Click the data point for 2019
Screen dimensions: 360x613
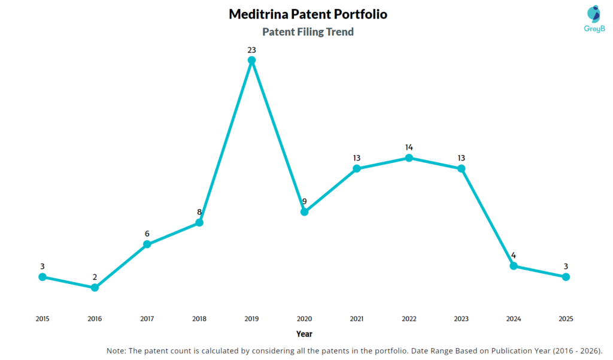pos(251,60)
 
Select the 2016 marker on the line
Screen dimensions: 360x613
pos(95,288)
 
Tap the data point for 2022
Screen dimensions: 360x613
pos(409,158)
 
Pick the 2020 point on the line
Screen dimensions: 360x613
pos(304,211)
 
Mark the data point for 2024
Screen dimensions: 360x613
pos(514,266)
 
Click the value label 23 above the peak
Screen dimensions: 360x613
pos(251,50)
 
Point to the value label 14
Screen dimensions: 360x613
pos(409,147)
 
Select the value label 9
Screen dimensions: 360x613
pos(304,201)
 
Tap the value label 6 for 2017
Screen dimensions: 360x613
pos(147,234)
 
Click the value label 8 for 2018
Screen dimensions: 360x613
pos(199,212)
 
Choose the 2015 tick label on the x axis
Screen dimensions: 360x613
pos(42,319)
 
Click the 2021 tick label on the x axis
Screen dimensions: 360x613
pos(356,319)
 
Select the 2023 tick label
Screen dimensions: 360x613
pos(461,319)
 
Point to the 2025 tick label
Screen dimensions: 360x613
pos(566,319)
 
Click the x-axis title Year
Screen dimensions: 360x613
pos(304,334)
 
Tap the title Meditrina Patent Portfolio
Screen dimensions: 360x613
pos(308,14)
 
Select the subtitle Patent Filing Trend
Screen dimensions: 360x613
pos(308,32)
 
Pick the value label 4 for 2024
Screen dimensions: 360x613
pos(514,255)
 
